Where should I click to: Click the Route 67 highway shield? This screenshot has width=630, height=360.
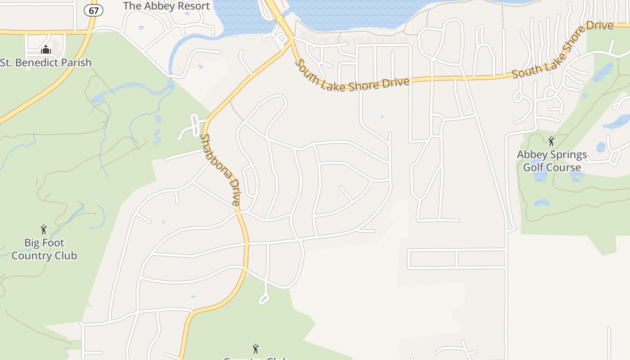(x=93, y=11)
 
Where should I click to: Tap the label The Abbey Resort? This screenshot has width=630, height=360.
(x=166, y=6)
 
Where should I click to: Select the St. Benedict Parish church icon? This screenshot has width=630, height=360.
(x=45, y=50)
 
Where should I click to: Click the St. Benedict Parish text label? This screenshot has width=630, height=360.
(x=46, y=63)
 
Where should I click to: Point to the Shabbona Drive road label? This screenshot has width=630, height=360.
(x=220, y=170)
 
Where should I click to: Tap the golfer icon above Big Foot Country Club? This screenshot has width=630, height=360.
(x=44, y=229)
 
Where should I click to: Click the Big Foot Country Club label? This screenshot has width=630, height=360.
(x=44, y=249)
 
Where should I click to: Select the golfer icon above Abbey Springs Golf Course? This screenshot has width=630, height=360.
(x=551, y=141)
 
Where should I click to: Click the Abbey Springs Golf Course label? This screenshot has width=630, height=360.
(x=552, y=161)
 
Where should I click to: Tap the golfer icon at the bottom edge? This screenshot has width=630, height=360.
(x=256, y=348)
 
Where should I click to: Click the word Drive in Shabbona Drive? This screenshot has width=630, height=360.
(x=233, y=192)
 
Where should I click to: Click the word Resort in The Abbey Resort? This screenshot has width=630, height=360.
(x=192, y=6)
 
